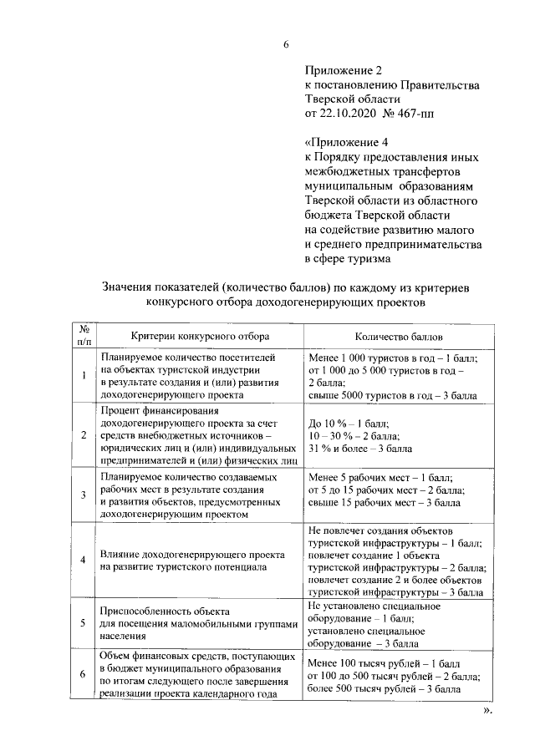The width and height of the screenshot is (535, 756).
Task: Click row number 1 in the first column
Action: [x=84, y=375]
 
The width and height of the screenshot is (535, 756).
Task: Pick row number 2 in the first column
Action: [x=84, y=434]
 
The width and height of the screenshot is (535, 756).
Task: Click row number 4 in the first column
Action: [x=84, y=561]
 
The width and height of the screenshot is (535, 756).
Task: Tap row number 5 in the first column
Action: [x=84, y=623]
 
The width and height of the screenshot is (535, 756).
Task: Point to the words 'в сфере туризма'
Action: [x=347, y=259]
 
